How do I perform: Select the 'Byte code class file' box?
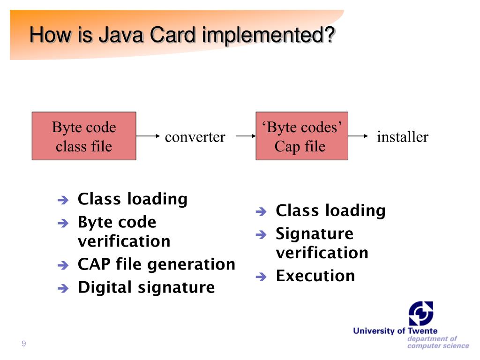tap(84, 136)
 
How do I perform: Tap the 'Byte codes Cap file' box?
tap(301, 136)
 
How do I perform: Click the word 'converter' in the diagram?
tap(195, 137)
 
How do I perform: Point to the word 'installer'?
tap(403, 137)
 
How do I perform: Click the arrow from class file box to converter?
tap(149, 136)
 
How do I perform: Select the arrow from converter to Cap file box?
tap(245, 136)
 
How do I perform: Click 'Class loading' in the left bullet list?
tap(133, 199)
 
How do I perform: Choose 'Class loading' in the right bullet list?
tap(330, 211)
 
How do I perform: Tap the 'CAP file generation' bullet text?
tap(157, 264)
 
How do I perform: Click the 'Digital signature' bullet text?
tap(146, 287)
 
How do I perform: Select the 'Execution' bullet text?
tap(315, 276)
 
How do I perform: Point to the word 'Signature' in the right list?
tap(315, 233)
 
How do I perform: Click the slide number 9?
tap(23, 345)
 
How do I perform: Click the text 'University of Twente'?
tap(395, 331)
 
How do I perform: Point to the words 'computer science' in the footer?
tap(438, 346)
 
